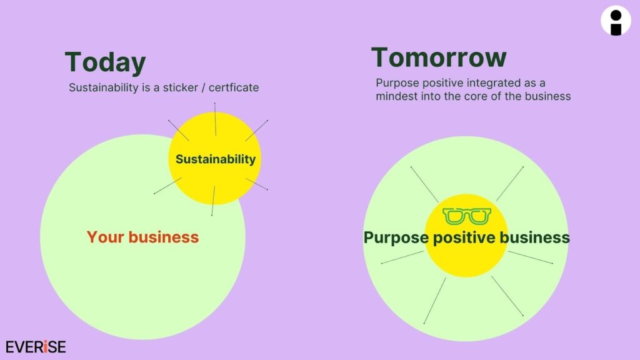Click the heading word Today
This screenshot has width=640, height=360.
105,63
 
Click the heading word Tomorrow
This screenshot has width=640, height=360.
439,58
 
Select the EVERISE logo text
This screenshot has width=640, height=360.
36,347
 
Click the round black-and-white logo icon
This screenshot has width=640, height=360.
616,21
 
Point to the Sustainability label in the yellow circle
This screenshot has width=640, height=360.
216,159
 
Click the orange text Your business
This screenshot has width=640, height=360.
142,237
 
